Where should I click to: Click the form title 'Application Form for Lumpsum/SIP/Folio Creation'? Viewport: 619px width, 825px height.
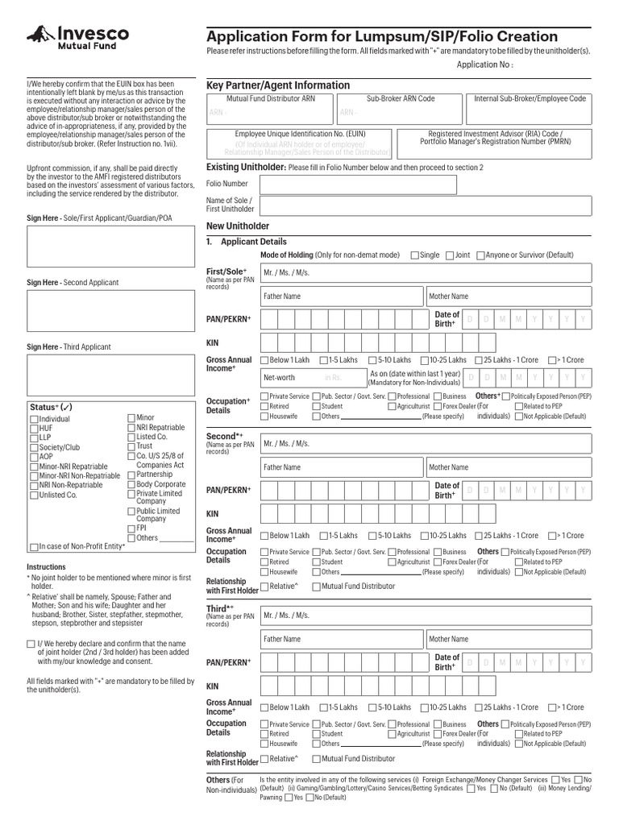pyautogui.click(x=382, y=36)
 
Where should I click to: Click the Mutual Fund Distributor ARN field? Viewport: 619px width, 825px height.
pyautogui.click(x=269, y=107)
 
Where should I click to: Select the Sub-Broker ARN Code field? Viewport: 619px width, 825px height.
pyautogui.click(x=400, y=107)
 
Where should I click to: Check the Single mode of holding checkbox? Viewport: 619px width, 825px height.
pyautogui.click(x=414, y=255)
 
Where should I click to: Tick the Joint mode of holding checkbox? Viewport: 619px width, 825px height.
pyautogui.click(x=449, y=255)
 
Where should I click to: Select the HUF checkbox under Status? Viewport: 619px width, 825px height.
pyautogui.click(x=33, y=429)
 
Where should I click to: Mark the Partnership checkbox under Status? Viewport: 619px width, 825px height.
pyautogui.click(x=131, y=475)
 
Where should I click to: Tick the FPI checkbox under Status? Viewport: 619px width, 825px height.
pyautogui.click(x=131, y=529)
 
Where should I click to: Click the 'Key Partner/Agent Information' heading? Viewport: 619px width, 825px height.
pyautogui.click(x=278, y=85)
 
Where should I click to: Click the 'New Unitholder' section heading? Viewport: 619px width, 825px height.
pyautogui.click(x=238, y=226)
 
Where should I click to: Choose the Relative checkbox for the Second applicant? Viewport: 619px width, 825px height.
pyautogui.click(x=264, y=587)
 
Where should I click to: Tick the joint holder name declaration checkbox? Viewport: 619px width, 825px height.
pyautogui.click(x=31, y=644)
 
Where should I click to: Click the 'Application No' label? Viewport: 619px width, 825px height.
pyautogui.click(x=484, y=64)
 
